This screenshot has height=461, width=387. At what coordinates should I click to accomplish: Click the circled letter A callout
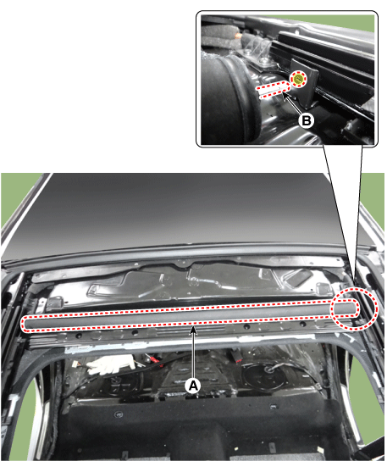pos(193,386)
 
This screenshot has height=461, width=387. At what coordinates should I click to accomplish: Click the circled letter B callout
pos(306,120)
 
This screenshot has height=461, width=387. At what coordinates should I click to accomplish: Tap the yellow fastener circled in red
pos(298,79)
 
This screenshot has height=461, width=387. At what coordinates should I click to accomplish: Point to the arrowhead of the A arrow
pos(193,330)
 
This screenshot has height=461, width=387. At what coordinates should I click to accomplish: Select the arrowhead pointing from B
pos(285,95)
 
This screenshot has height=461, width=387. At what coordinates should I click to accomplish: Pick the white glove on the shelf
pos(111,364)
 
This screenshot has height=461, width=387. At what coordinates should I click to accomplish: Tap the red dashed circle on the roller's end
pos(354,308)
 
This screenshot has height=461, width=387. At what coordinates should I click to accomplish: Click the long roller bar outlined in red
pos(190,315)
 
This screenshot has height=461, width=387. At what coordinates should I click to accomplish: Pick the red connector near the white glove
pos(153,359)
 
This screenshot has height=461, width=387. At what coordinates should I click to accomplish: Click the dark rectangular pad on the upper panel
pos(299,275)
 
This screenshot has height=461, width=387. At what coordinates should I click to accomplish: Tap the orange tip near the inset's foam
pos(238,36)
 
